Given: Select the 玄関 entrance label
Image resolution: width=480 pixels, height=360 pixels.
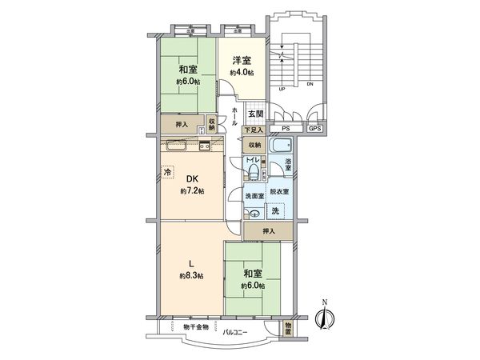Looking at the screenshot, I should (x=254, y=114).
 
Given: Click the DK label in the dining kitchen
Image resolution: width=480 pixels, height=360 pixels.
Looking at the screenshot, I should (x=192, y=179).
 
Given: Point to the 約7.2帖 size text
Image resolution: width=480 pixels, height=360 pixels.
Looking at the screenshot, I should (x=192, y=192).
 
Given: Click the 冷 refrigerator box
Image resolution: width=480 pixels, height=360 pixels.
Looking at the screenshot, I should (x=168, y=172).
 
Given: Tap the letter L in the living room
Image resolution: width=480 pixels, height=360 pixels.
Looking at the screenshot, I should (x=191, y=263).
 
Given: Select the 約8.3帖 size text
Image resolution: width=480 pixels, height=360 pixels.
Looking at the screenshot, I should (x=191, y=276).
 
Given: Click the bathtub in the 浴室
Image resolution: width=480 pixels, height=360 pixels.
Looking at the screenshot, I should (x=280, y=146).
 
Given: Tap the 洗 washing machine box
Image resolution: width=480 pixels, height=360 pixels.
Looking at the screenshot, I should (x=275, y=211).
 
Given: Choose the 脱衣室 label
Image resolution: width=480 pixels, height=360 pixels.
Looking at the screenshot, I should (x=279, y=193).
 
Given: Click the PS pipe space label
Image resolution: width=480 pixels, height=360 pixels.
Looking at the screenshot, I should (x=286, y=128).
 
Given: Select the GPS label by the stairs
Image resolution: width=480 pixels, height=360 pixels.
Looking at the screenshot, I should (x=314, y=128).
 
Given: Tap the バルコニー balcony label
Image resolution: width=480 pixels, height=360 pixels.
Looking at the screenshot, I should (x=234, y=331).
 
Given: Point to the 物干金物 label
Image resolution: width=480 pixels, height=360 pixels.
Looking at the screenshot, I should (x=195, y=326).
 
